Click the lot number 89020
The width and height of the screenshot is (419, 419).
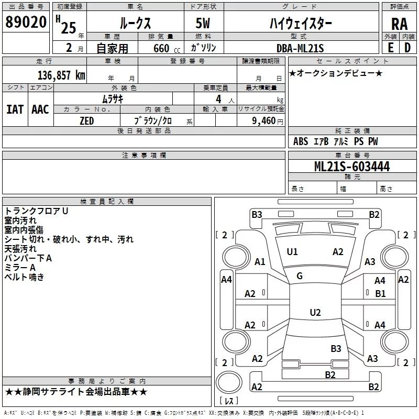(x=26, y=22)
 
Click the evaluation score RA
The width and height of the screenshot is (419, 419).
(x=399, y=24)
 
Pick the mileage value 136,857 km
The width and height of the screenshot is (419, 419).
(x=61, y=75)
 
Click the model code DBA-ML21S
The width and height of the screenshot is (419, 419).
(x=300, y=48)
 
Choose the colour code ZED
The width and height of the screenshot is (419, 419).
(x=86, y=120)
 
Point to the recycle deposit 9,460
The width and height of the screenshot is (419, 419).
(x=263, y=121)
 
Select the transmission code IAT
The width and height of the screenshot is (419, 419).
(x=15, y=109)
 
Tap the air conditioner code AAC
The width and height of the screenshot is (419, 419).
(x=40, y=109)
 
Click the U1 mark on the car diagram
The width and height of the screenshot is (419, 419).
(x=292, y=252)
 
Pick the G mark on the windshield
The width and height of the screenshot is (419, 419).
(x=300, y=276)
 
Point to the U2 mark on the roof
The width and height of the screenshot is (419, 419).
(x=315, y=313)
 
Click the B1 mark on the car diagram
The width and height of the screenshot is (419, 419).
(x=380, y=294)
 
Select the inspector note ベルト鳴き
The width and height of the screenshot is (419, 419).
(x=25, y=278)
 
